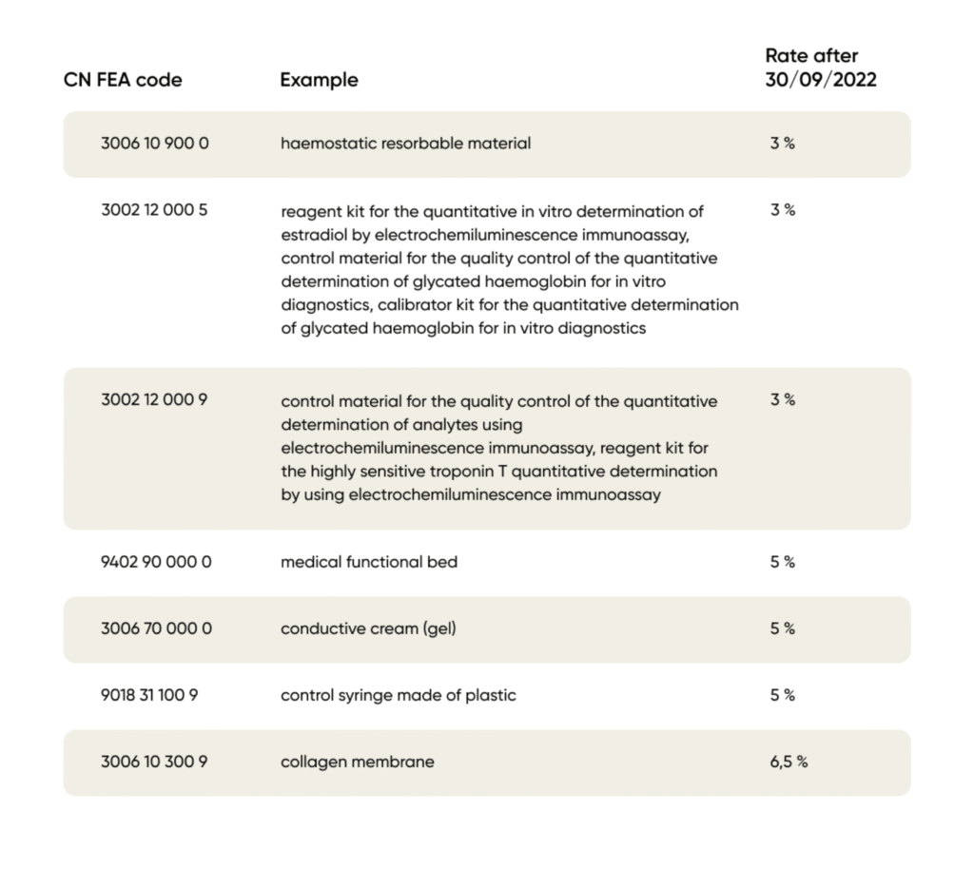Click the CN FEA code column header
coord(123,80)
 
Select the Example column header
coord(319,80)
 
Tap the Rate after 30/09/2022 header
coord(820,68)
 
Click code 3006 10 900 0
coord(155,144)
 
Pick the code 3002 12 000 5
coord(154,210)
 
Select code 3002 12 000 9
coord(154,400)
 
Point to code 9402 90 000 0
coord(156,562)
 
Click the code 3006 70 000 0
coord(156,628)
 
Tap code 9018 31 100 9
coord(149,695)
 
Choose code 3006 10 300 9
coord(154,762)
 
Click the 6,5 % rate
coord(789,762)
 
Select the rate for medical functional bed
coord(782,562)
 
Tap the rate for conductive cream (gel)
coord(782,628)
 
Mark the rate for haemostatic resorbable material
coord(782,144)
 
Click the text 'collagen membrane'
coord(357,762)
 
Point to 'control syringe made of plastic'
coord(398,695)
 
